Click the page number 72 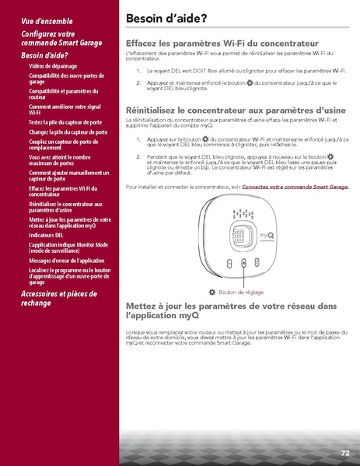click(344, 453)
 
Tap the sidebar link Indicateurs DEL click(46, 234)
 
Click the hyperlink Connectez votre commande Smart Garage click(295, 187)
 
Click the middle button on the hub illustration click(244, 263)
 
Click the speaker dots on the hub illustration click(244, 214)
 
